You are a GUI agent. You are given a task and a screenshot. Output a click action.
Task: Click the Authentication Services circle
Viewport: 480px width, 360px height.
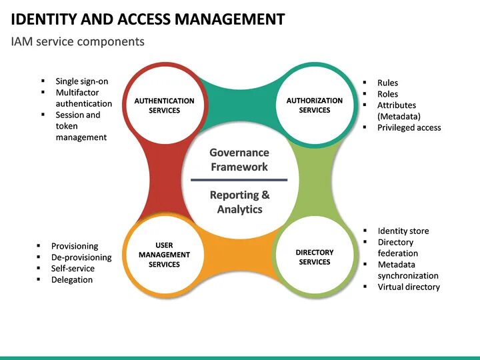(x=164, y=105)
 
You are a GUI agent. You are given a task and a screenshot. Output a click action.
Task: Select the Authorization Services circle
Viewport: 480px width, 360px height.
(x=315, y=105)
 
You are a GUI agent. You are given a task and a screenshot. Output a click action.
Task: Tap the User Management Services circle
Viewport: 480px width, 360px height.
(x=164, y=255)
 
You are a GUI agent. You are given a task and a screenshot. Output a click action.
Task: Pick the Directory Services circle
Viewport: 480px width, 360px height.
(x=315, y=257)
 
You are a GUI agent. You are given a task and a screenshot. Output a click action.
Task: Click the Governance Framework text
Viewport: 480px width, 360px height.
(x=239, y=160)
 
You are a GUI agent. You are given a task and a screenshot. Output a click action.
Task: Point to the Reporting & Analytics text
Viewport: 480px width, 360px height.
(x=239, y=202)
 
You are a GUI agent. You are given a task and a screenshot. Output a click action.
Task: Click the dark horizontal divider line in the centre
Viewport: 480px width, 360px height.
(x=239, y=180)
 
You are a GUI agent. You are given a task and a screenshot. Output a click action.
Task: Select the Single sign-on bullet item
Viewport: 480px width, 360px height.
(x=81, y=81)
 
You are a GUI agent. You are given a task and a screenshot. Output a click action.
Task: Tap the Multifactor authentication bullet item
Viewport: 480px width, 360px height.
(x=83, y=98)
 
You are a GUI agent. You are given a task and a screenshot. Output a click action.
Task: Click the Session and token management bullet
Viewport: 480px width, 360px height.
(x=81, y=126)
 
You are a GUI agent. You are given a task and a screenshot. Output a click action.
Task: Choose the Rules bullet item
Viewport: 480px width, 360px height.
(x=387, y=83)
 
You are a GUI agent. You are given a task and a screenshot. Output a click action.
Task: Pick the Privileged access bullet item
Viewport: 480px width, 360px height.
(x=409, y=127)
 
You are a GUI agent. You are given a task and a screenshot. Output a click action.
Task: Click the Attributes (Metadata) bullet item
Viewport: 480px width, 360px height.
(x=398, y=111)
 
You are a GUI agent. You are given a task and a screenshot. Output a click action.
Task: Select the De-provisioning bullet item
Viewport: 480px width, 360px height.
(x=81, y=257)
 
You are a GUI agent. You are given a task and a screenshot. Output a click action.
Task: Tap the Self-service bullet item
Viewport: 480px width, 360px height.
(x=73, y=269)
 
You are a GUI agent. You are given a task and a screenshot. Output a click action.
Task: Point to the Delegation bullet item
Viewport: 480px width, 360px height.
(x=72, y=280)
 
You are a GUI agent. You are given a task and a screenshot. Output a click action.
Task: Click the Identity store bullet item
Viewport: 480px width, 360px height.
(x=403, y=231)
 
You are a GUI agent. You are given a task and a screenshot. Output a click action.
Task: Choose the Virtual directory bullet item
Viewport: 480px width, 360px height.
(x=409, y=287)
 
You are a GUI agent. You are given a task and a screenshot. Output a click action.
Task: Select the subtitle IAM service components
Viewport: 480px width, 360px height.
(x=77, y=42)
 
